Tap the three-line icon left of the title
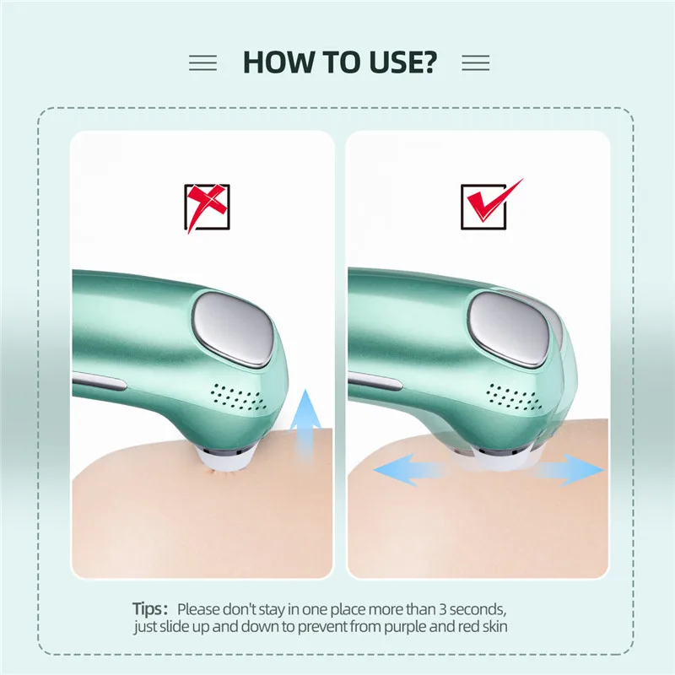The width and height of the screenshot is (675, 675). pos(202,62)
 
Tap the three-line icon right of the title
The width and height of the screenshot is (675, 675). pos(476,62)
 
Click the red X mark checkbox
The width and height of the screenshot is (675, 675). pos(207,208)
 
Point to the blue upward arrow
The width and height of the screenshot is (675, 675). pos(305,424)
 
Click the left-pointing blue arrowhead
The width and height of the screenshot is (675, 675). pos(394,470)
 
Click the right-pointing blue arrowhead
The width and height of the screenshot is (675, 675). pos(582,470)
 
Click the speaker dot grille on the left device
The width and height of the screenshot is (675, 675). pos(238,397)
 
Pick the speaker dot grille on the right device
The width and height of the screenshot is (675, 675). pos(515,397)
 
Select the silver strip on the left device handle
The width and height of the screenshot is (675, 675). pos(100,381)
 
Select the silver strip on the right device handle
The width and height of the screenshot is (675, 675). pos(375,381)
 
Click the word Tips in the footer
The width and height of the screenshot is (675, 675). pos(147,609)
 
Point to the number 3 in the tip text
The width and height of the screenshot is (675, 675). pos(443,609)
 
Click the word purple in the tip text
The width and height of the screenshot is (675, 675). pos(405,627)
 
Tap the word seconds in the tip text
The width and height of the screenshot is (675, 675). pos(478,609)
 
